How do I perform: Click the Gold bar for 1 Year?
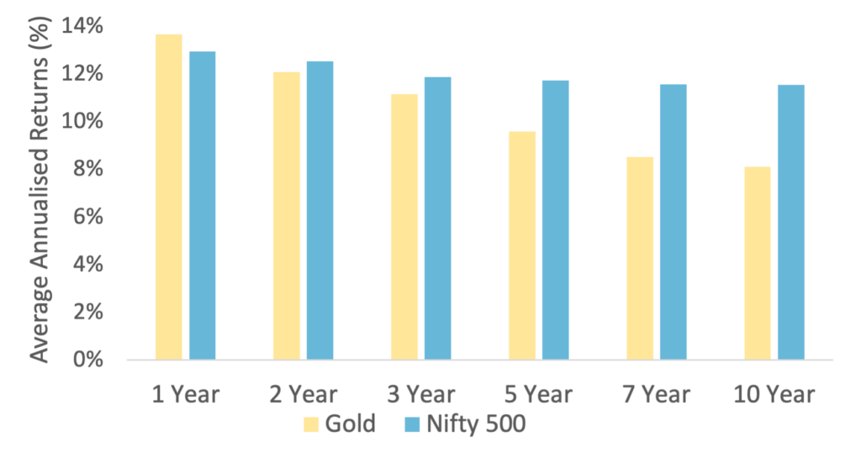point(169,197)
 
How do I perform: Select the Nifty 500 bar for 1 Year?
point(203,206)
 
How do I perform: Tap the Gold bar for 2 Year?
point(287,216)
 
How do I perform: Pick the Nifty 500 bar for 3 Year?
point(438,218)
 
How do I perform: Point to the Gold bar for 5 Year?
point(522,245)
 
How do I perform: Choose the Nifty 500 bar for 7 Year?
point(673,222)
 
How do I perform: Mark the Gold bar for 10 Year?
point(757,263)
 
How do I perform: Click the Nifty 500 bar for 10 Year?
point(791,222)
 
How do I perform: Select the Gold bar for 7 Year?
point(640,258)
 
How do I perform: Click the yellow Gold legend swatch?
point(312,425)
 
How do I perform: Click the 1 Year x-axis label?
point(185,393)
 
